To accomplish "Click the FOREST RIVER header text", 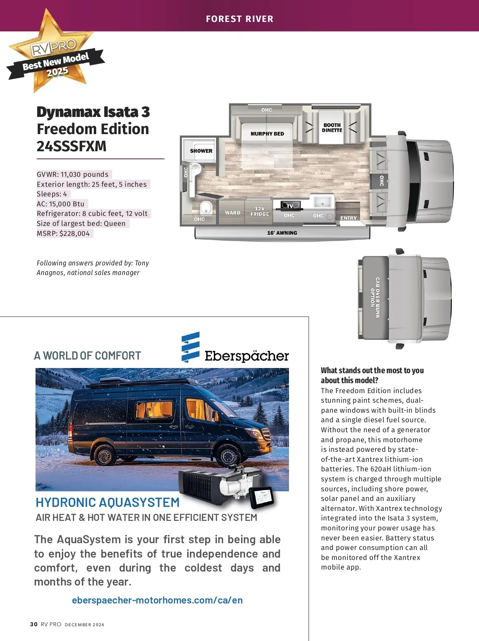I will tap(239, 19).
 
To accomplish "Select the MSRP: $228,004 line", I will tap(63, 233).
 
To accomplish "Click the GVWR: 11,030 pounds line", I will tap(73, 174).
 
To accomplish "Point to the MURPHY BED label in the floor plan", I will tap(267, 134).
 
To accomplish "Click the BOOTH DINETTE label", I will tap(332, 128).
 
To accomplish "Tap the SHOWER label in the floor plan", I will tap(201, 151).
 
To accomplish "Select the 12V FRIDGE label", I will tap(260, 212).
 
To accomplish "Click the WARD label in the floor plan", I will tap(233, 213).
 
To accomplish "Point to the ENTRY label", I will tap(348, 218).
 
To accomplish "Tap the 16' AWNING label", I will tap(282, 233).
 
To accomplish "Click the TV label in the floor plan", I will tap(290, 206).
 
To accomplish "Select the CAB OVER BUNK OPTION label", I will tap(375, 298).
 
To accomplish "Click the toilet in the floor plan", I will tap(206, 208).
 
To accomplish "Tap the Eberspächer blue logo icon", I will tap(190, 347).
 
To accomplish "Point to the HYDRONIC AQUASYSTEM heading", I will tap(108, 502).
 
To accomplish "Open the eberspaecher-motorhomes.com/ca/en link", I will tap(157, 600).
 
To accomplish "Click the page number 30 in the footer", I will tap(34, 624).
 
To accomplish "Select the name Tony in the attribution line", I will tap(142, 263).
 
